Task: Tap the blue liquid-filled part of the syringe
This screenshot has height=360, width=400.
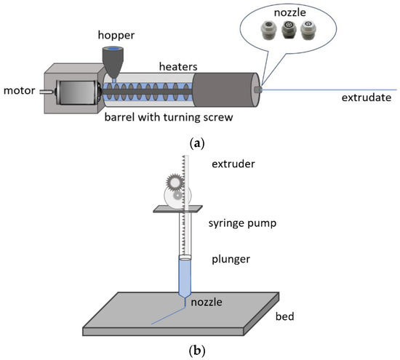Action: click(x=185, y=277)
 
